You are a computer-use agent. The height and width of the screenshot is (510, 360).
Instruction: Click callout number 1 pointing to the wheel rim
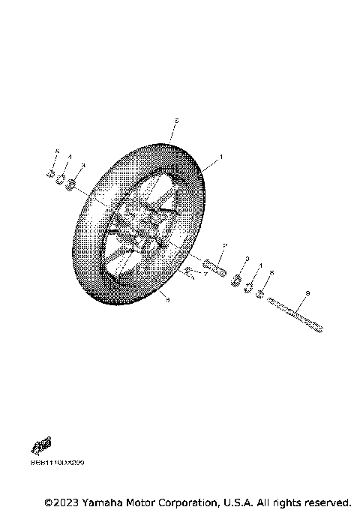(221, 158)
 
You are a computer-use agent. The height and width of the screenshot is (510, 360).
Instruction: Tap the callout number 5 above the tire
(175, 120)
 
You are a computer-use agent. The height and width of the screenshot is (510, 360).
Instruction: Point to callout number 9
(307, 293)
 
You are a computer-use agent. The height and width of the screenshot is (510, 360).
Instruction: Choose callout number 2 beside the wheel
(223, 245)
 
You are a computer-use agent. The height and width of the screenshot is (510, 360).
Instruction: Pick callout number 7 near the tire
(205, 274)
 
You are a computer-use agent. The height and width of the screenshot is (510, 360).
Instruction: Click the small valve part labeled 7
(189, 271)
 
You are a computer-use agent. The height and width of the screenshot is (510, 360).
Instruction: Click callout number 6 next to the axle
(271, 274)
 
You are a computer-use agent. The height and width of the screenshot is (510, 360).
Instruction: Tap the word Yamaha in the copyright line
(103, 501)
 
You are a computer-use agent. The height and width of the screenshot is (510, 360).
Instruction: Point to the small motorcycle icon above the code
(42, 447)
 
